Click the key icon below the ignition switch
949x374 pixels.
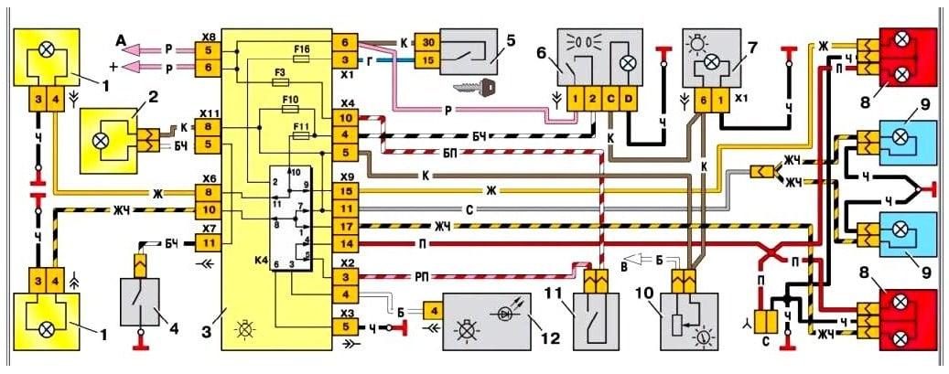click(x=475, y=87)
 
